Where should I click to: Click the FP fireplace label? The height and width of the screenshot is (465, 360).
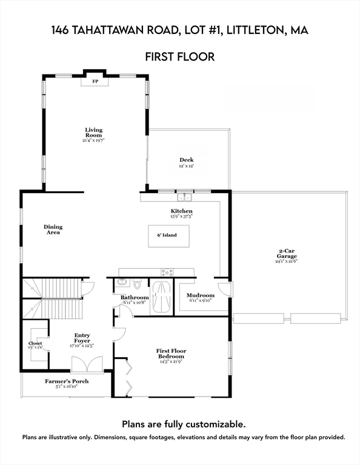click(x=95, y=81)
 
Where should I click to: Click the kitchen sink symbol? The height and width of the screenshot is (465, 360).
click(x=184, y=196)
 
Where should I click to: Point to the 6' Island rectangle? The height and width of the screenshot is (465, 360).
click(x=169, y=235)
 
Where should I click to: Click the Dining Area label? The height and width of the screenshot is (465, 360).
click(x=53, y=229)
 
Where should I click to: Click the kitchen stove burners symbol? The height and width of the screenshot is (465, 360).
click(x=167, y=272)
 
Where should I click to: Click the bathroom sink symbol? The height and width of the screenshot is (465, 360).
click(x=122, y=282)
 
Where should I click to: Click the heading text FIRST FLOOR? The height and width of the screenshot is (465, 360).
click(x=179, y=58)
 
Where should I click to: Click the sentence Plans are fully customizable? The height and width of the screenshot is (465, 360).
click(x=184, y=424)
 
